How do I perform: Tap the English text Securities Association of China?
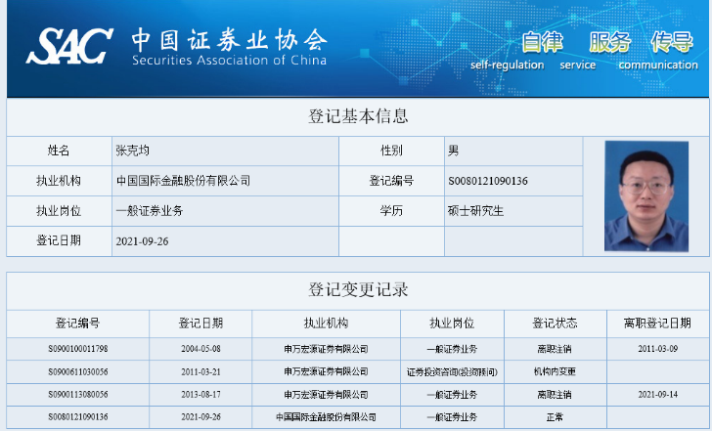229,61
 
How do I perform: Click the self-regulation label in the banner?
507,65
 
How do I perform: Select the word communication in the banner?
658,65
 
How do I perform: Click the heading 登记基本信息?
358,116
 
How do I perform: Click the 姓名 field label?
59,151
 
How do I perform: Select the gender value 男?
454,151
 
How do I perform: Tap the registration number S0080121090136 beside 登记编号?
488,181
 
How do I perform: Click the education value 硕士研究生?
475,210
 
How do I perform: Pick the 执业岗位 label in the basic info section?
59,210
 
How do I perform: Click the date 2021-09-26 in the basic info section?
142,240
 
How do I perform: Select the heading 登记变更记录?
358,289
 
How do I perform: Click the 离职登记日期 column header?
657,323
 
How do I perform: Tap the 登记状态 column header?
555,323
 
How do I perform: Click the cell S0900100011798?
77,349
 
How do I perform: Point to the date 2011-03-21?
200,371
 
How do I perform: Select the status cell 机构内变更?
555,371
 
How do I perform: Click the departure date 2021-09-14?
657,395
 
